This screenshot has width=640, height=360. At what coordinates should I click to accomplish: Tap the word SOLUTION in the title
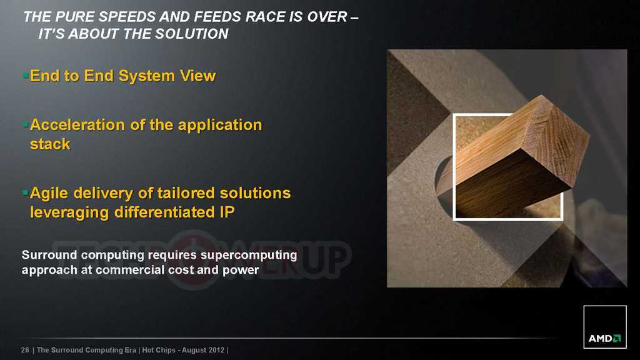pos(191,34)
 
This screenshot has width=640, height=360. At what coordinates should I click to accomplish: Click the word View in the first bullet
pos(197,76)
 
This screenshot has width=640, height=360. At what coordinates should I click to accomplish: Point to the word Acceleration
pos(77,125)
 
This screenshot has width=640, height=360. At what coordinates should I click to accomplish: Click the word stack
pos(50,144)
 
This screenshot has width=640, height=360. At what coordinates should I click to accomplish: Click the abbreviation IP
pos(227,212)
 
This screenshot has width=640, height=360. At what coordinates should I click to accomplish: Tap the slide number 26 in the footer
pos(25,350)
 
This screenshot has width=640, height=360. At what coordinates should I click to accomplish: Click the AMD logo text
pos(600,338)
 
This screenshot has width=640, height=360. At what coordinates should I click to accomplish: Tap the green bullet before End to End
pos(26,75)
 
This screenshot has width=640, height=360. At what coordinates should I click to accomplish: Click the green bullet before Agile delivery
pos(26,192)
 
